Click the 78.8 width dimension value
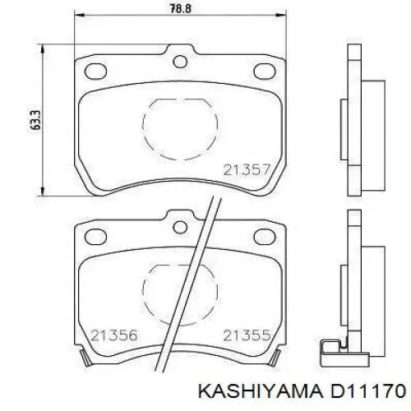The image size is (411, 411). [180, 8]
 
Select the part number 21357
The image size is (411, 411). [247, 170]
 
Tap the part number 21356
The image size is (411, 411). [113, 335]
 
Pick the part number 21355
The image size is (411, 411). [247, 335]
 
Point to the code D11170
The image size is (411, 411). [367, 391]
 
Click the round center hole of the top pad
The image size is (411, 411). [180, 62]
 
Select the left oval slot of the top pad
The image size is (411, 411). [95, 72]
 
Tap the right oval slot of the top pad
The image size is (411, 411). [265, 72]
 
